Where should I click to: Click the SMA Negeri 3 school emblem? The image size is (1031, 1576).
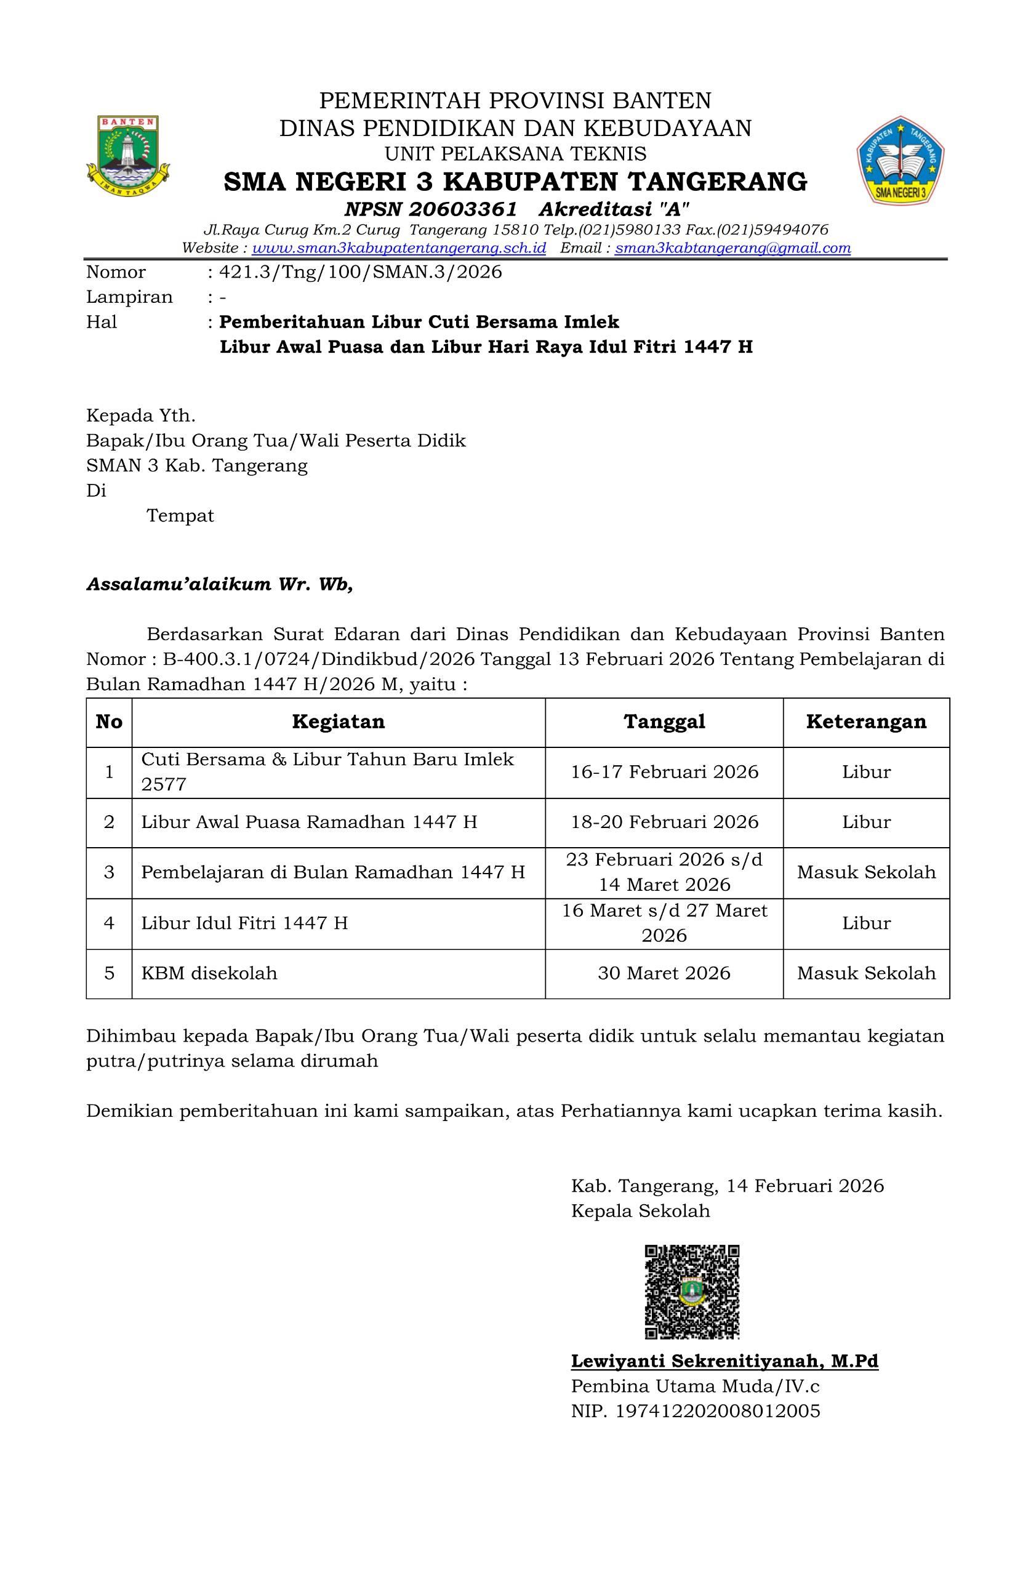901,160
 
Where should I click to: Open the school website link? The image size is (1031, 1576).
399,248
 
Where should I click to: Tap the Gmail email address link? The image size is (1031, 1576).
732,248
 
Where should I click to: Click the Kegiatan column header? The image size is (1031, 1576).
339,722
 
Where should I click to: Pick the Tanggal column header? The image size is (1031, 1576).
664,722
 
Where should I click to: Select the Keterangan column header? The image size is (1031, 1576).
866,722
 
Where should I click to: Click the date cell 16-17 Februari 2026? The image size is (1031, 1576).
664,772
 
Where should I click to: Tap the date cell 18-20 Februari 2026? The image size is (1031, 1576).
664,822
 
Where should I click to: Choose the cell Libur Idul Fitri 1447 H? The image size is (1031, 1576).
244,923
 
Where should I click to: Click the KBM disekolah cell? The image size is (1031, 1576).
209,973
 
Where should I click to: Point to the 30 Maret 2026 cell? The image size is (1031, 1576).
664,973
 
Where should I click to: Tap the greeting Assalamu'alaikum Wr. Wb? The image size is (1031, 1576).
219,585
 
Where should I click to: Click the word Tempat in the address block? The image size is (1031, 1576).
180,516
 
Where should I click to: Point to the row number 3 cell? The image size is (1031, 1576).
110,872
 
